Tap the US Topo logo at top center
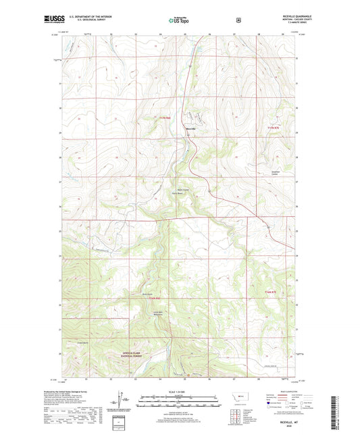[180, 20]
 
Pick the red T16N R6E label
[156, 298]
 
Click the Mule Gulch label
[147, 294]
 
